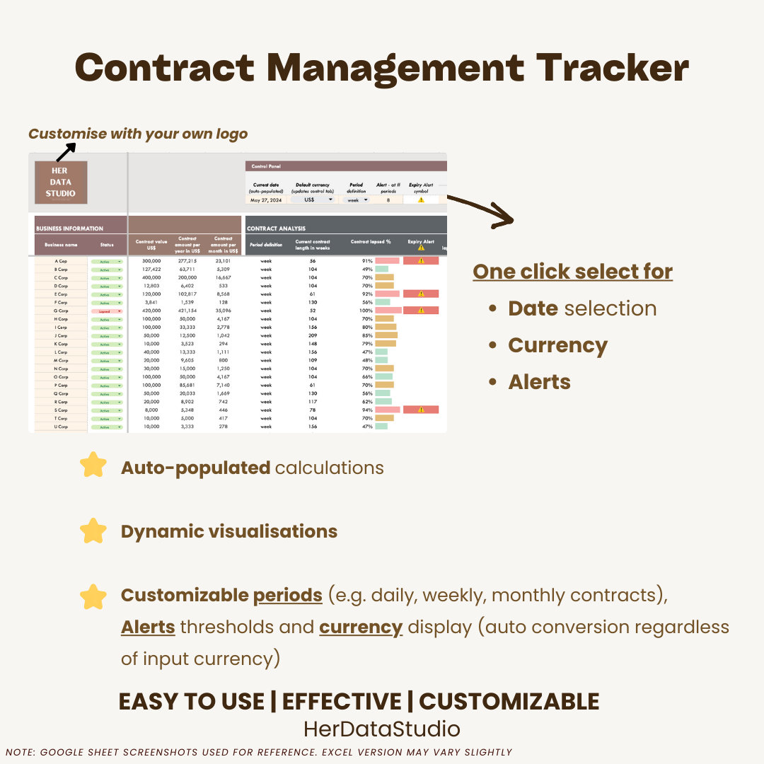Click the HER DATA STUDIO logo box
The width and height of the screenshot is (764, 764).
(61, 183)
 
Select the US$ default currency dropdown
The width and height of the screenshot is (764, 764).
(312, 199)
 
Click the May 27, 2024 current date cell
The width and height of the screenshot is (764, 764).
(266, 200)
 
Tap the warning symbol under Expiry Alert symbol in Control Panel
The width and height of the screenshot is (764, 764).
(421, 200)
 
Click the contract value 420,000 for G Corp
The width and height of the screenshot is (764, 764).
(151, 311)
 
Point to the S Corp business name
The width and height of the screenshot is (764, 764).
(61, 410)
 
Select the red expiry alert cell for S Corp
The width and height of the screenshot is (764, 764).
(421, 410)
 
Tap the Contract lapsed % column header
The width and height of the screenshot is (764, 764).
(371, 242)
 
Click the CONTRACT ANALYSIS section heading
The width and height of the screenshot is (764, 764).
(276, 228)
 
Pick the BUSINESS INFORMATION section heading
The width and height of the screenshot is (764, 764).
(69, 228)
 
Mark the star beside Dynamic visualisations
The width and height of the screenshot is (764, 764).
(93, 531)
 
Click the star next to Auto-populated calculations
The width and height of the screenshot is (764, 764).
(93, 466)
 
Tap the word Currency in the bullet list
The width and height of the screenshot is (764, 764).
(557, 345)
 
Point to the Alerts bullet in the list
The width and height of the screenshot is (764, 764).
(539, 382)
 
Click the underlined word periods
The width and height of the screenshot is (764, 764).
(287, 596)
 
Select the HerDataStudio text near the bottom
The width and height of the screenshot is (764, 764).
(382, 729)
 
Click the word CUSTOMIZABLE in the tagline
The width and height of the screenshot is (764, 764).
(509, 702)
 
